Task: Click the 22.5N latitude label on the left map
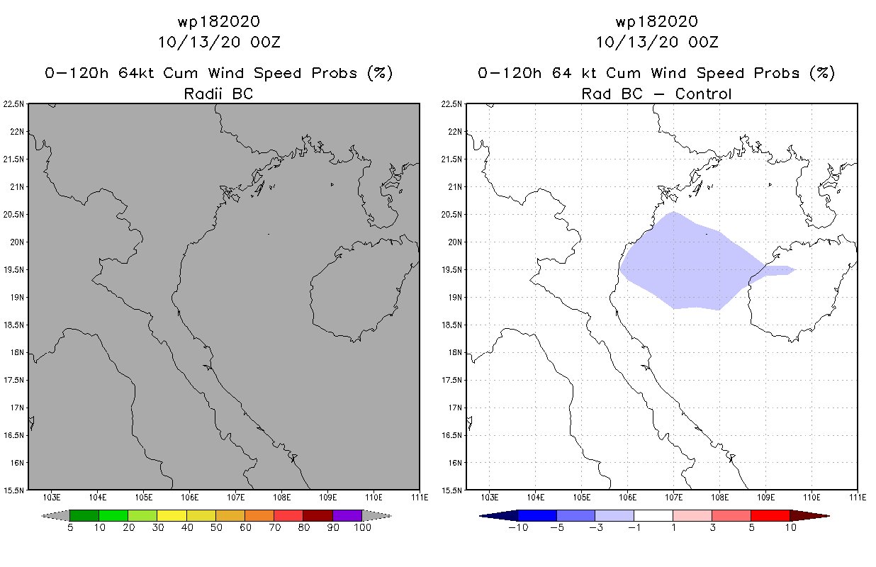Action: [x=15, y=104]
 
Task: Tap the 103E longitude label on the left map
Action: [x=51, y=497]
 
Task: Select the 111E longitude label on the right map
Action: [x=858, y=497]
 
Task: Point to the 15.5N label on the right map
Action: [x=453, y=490]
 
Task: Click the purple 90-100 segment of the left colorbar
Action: [x=347, y=515]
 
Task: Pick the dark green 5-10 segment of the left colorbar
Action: [x=84, y=515]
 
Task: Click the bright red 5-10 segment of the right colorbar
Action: [x=770, y=515]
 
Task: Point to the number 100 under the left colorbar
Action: [x=362, y=528]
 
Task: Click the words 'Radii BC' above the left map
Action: [x=218, y=93]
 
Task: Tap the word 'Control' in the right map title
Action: [x=704, y=93]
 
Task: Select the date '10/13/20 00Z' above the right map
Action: [x=657, y=42]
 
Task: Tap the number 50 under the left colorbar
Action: [x=215, y=528]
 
